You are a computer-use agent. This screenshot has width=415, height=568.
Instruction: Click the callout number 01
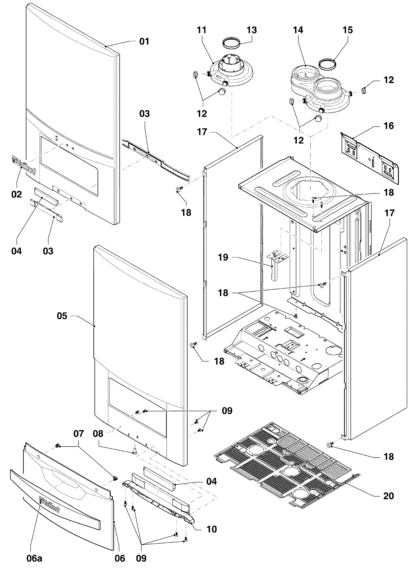click(x=144, y=41)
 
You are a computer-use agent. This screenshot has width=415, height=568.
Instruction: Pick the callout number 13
click(x=252, y=30)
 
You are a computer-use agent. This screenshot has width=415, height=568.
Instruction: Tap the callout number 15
click(x=348, y=30)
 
